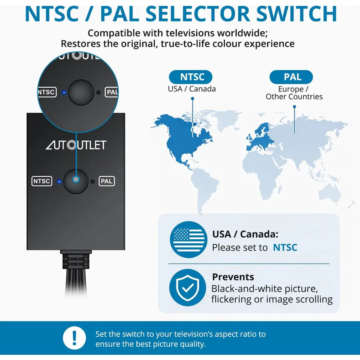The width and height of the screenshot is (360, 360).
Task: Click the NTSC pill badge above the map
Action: click(x=190, y=77)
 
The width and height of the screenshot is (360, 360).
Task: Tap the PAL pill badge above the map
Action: click(x=291, y=77)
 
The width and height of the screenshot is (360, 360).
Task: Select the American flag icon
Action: click(x=188, y=240)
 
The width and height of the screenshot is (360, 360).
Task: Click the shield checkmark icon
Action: click(x=188, y=288)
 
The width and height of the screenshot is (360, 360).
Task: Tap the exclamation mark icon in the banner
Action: click(x=74, y=338)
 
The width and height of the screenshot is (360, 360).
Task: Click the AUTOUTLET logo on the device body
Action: click(x=76, y=145)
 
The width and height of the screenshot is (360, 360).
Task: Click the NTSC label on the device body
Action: click(x=42, y=181)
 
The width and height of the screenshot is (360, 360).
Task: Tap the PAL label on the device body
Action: click(x=107, y=181)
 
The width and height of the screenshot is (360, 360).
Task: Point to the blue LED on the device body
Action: click(x=59, y=182)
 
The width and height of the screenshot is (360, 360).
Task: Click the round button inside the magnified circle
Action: click(x=81, y=92)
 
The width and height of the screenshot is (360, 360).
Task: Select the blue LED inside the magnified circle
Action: click(x=64, y=92)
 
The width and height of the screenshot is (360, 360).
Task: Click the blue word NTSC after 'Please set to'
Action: click(x=285, y=248)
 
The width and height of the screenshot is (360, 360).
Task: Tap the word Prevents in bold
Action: click(x=233, y=277)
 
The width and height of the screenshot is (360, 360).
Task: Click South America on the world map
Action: click(x=204, y=188)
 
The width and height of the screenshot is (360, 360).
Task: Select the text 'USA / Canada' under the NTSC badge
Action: click(x=192, y=89)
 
